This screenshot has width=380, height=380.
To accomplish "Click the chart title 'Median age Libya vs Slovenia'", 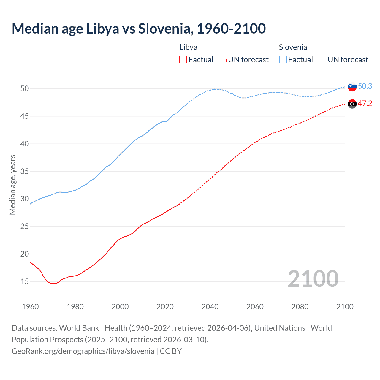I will pyautogui.click(x=139, y=28).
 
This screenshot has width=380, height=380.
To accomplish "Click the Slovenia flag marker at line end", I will pyautogui.click(x=352, y=87).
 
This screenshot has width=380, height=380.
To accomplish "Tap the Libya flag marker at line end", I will pyautogui.click(x=352, y=104).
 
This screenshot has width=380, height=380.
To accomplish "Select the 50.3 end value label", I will pyautogui.click(x=365, y=86).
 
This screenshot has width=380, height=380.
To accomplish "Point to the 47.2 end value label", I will pyautogui.click(x=365, y=104).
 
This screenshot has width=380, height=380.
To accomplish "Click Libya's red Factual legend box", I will pyautogui.click(x=183, y=60).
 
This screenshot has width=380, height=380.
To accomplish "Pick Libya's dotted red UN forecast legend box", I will pyautogui.click(x=223, y=60).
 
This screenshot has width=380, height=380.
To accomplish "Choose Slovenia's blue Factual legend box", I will pyautogui.click(x=283, y=60).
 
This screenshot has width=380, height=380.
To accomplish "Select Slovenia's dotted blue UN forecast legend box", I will pyautogui.click(x=322, y=60).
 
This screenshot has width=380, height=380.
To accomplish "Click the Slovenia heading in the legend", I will pyautogui.click(x=293, y=47).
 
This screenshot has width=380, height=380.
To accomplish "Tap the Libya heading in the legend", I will pyautogui.click(x=188, y=47).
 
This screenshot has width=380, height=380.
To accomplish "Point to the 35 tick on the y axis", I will pyautogui.click(x=25, y=171).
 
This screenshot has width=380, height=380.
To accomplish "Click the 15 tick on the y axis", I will pyautogui.click(x=25, y=281).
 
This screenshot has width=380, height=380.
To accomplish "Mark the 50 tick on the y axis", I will pyautogui.click(x=25, y=88).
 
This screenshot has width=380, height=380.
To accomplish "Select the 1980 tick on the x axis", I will pyautogui.click(x=75, y=307).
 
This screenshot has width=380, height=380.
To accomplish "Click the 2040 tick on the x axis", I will pyautogui.click(x=210, y=307).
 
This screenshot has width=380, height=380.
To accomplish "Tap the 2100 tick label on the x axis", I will pyautogui.click(x=345, y=307).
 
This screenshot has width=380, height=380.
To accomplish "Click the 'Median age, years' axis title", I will pyautogui.click(x=12, y=185).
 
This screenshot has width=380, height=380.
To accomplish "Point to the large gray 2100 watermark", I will pyautogui.click(x=313, y=279).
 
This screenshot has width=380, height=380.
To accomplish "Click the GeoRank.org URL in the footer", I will pyautogui.click(x=83, y=351).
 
